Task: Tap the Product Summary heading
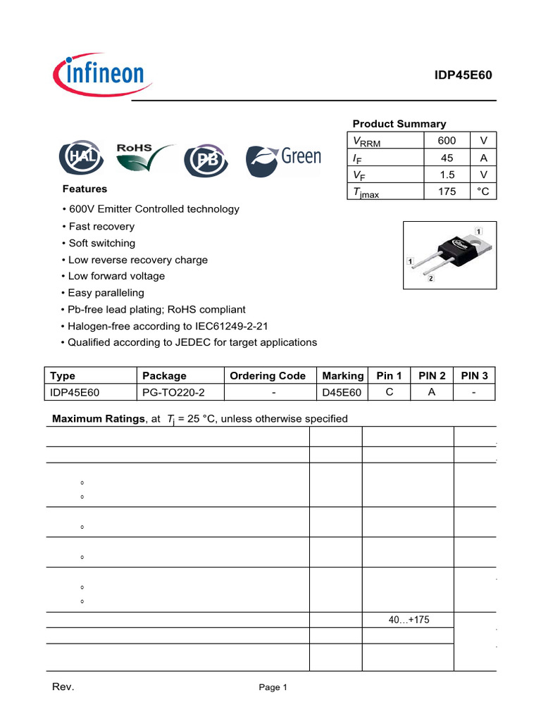click(399, 123)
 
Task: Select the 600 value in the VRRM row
click(447, 140)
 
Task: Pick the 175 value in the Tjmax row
click(447, 192)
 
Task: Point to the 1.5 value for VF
click(447, 175)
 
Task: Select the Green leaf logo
click(283, 160)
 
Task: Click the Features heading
click(85, 189)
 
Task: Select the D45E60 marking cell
click(341, 392)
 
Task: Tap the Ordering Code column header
click(268, 376)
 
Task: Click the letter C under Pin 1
click(389, 392)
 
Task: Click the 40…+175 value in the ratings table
click(409, 620)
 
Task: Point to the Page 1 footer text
click(273, 688)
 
